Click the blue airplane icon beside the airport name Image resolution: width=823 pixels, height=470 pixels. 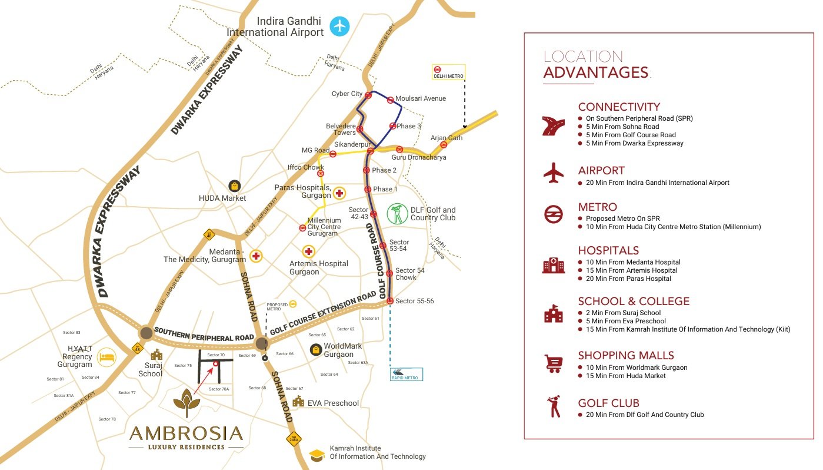coord(339,26)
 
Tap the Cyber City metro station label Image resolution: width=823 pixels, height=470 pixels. coord(347,94)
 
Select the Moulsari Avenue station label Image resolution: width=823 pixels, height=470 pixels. coord(421,99)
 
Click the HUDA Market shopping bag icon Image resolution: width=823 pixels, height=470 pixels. coord(235,186)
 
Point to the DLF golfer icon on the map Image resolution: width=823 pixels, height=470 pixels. coord(398,213)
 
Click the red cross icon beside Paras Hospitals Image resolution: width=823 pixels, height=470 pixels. coord(339,193)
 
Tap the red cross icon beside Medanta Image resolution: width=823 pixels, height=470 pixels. coord(256,256)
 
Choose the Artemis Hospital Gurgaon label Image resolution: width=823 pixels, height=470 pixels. coord(318,267)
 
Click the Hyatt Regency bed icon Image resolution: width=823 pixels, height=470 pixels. coord(106,356)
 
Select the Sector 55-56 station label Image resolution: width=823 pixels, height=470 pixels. coord(415,301)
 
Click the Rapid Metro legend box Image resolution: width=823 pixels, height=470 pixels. coord(406,374)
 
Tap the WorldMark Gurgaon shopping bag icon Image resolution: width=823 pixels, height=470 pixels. coord(316,350)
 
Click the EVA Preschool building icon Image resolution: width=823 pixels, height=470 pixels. coord(298,402)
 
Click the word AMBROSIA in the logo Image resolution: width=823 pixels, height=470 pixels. coord(186,433)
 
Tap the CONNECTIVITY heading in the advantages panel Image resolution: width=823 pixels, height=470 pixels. coord(619,107)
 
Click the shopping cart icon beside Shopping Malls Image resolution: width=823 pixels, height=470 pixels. coord(553,364)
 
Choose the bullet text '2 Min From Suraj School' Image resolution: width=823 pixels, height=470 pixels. coord(623,313)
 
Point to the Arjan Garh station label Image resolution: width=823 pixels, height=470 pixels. coord(447,138)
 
